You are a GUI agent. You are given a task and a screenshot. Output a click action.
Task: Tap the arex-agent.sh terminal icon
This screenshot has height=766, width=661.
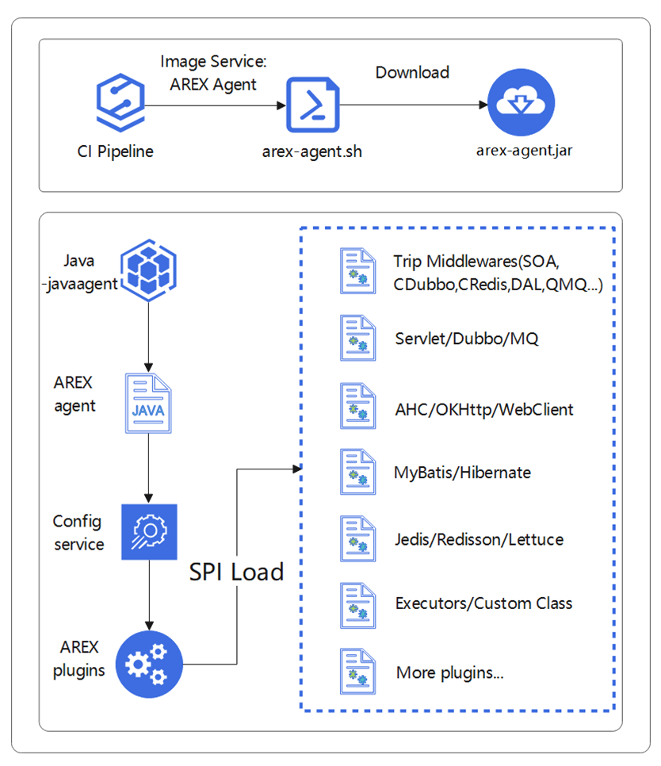coord(312,104)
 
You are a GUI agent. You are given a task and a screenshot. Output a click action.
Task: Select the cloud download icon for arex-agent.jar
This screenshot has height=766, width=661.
coord(521,103)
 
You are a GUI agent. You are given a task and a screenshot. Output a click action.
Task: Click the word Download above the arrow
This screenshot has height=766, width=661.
coord(412,72)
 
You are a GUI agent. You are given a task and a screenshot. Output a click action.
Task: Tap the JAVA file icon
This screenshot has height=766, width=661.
coord(148,404)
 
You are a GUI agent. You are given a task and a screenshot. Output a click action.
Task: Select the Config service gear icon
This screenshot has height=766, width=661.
coord(148,531)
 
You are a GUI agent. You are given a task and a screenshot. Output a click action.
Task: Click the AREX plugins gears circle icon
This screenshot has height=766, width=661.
coord(148,663)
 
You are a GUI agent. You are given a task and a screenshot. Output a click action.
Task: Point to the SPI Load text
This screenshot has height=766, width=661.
coord(236,572)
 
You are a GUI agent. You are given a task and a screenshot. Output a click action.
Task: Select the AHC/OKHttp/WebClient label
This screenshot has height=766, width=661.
coord(483,409)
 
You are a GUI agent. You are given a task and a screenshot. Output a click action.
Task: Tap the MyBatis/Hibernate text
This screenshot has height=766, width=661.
coord(462,473)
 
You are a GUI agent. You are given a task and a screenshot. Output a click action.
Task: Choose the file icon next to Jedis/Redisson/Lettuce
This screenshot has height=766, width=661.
coord(357,539)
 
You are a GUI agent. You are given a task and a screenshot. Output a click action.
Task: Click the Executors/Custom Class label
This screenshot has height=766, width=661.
coord(483,603)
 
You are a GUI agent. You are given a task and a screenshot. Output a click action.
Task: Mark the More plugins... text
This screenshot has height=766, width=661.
coord(450,673)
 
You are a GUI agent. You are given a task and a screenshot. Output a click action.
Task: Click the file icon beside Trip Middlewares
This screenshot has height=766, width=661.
coord(357,272)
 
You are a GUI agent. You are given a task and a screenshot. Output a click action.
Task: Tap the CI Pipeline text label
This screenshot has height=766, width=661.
coord(110,151)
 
